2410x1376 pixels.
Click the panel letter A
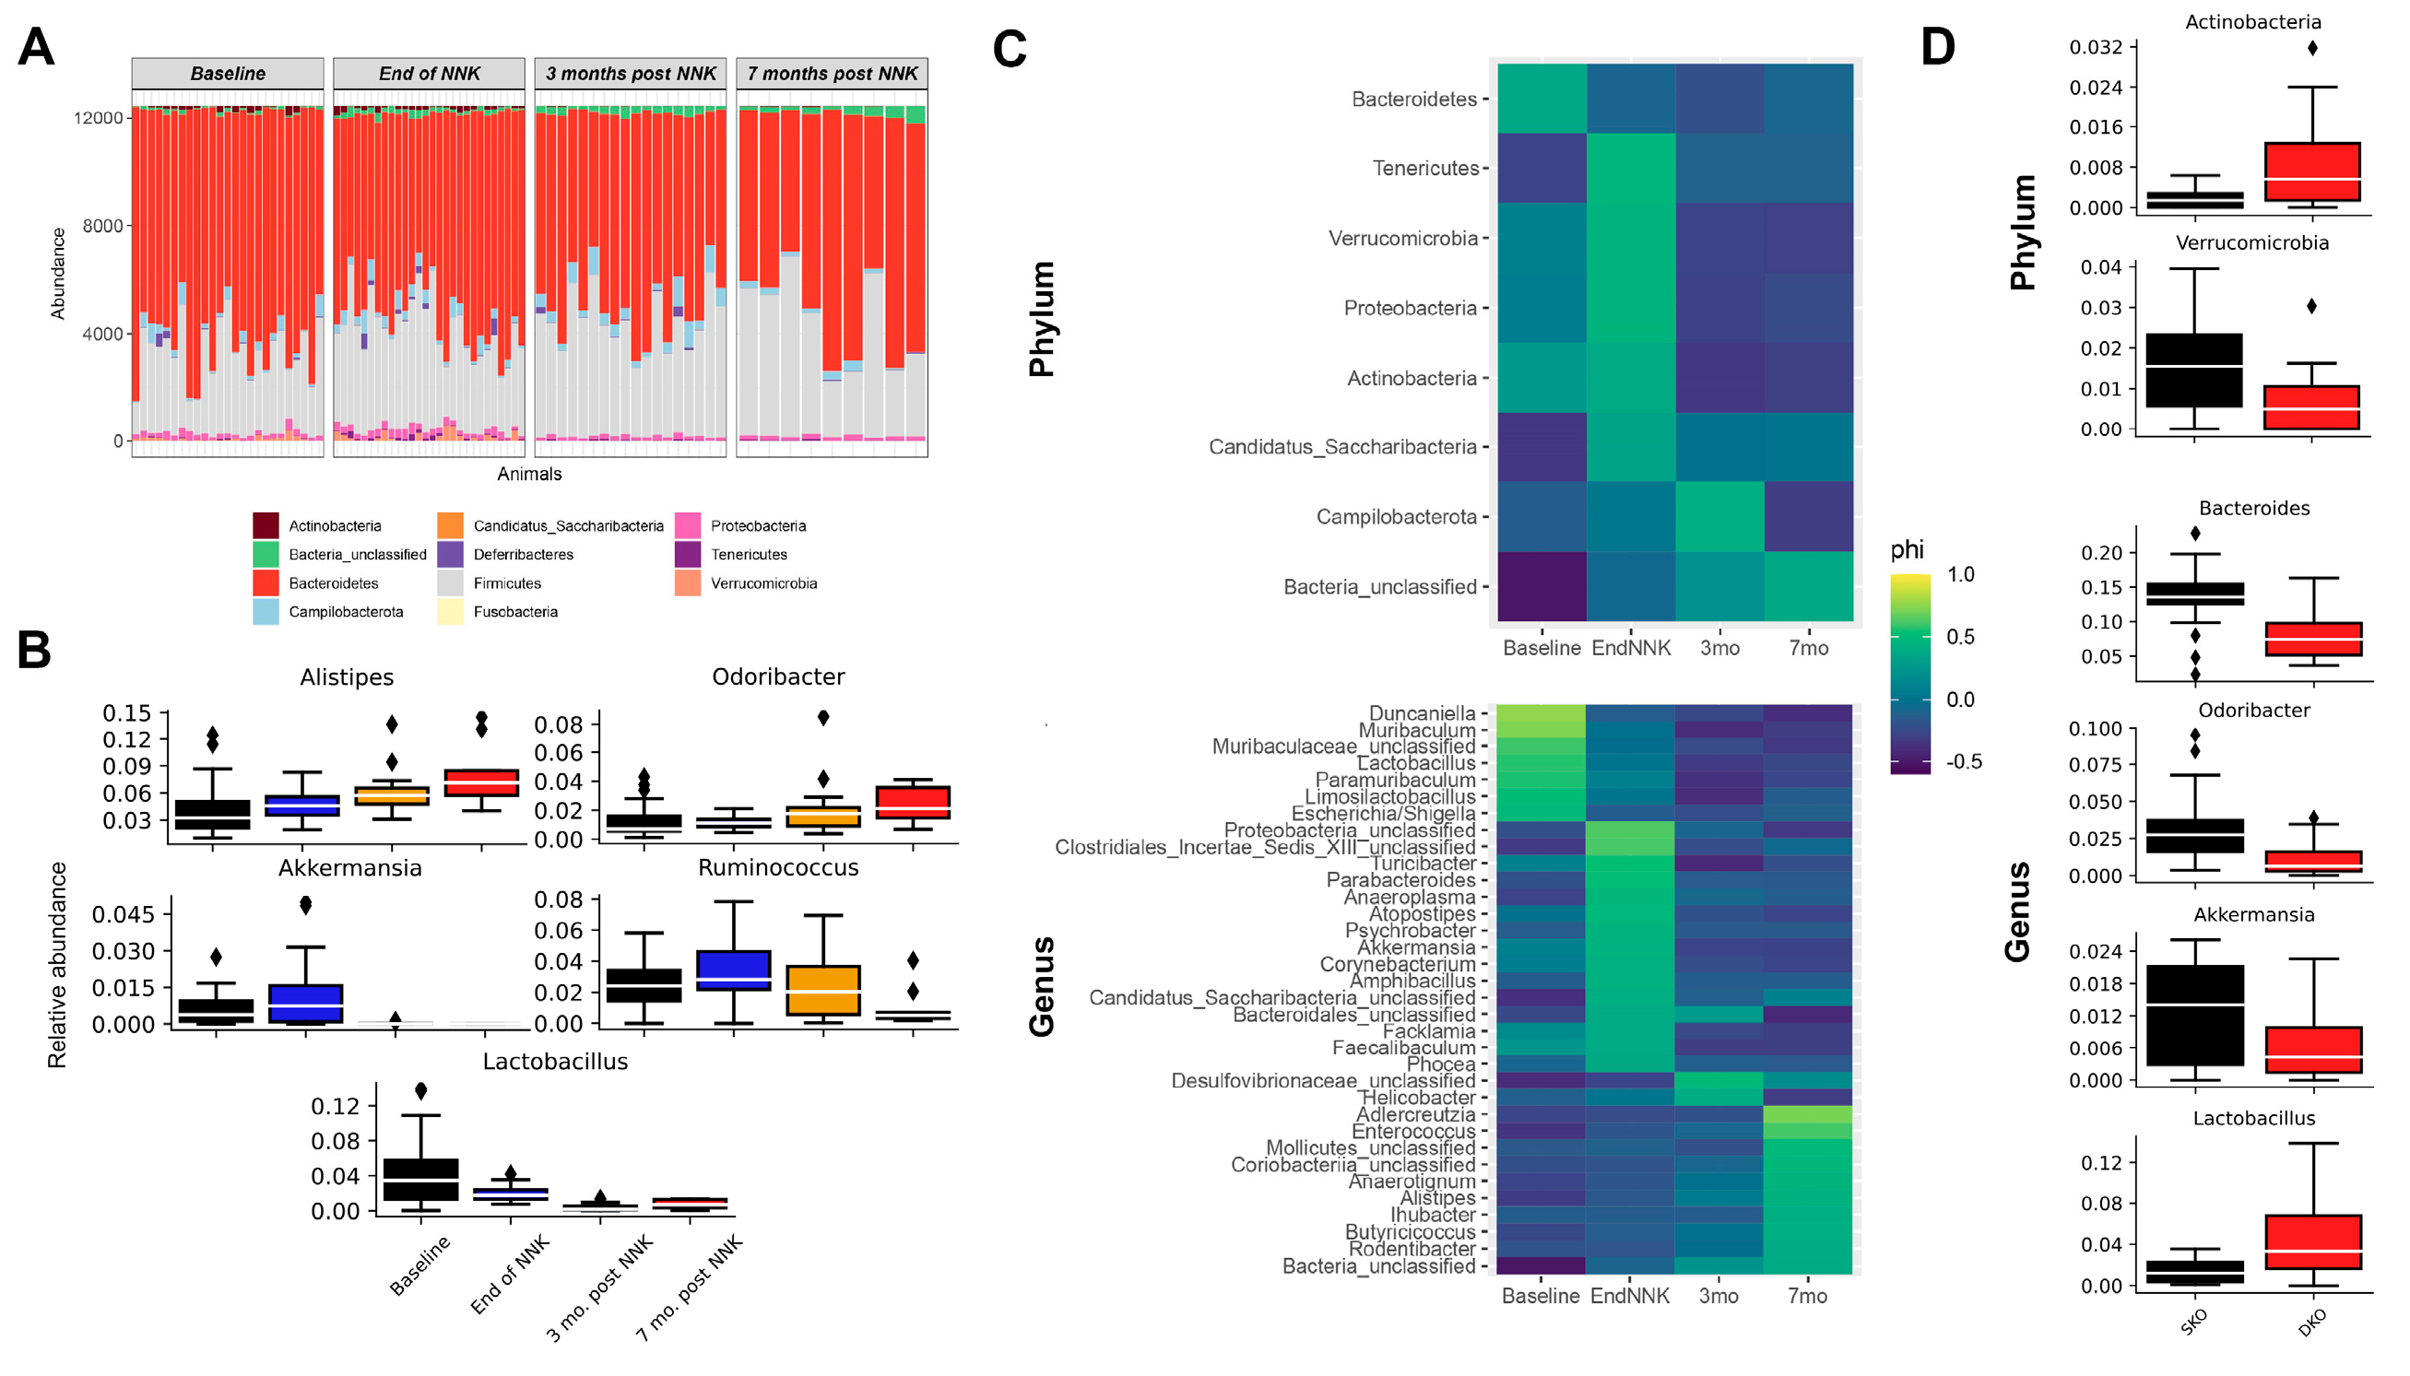coord(36,46)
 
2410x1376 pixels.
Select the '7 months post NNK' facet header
coord(832,74)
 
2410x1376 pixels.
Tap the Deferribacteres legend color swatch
coord(450,555)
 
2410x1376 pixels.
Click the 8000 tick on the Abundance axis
coord(103,226)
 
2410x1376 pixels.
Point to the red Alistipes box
coord(482,782)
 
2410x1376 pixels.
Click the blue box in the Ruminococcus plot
coord(733,970)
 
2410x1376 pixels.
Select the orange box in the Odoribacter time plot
coord(823,817)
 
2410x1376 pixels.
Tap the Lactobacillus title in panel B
coord(555,1062)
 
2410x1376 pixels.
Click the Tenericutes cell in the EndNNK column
coord(1630,169)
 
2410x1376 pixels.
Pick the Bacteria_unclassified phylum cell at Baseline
coord(1542,586)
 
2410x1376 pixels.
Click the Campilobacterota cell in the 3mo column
coord(1719,516)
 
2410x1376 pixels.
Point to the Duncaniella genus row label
coord(1422,713)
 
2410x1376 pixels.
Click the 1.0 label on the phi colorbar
coord(1960,574)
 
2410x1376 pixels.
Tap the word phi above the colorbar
coord(1907,550)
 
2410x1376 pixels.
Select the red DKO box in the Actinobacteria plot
coord(2311,172)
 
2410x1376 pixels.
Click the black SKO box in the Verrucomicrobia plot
coord(2193,370)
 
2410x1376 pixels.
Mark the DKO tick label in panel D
coord(2311,1323)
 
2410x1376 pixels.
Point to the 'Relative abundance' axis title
coord(58,964)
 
